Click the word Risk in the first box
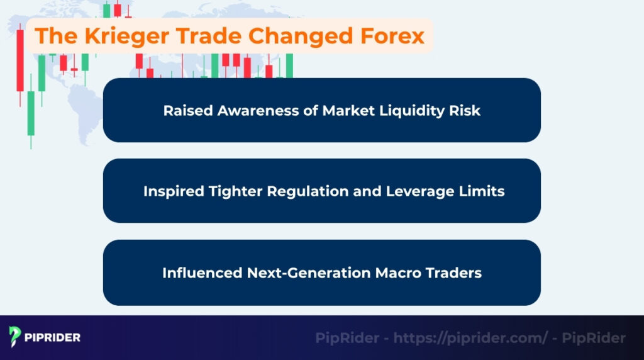point(466,111)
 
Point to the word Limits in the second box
point(482,191)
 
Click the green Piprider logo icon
point(15,337)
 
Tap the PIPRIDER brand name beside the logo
point(53,338)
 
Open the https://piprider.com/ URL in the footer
point(470,338)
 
